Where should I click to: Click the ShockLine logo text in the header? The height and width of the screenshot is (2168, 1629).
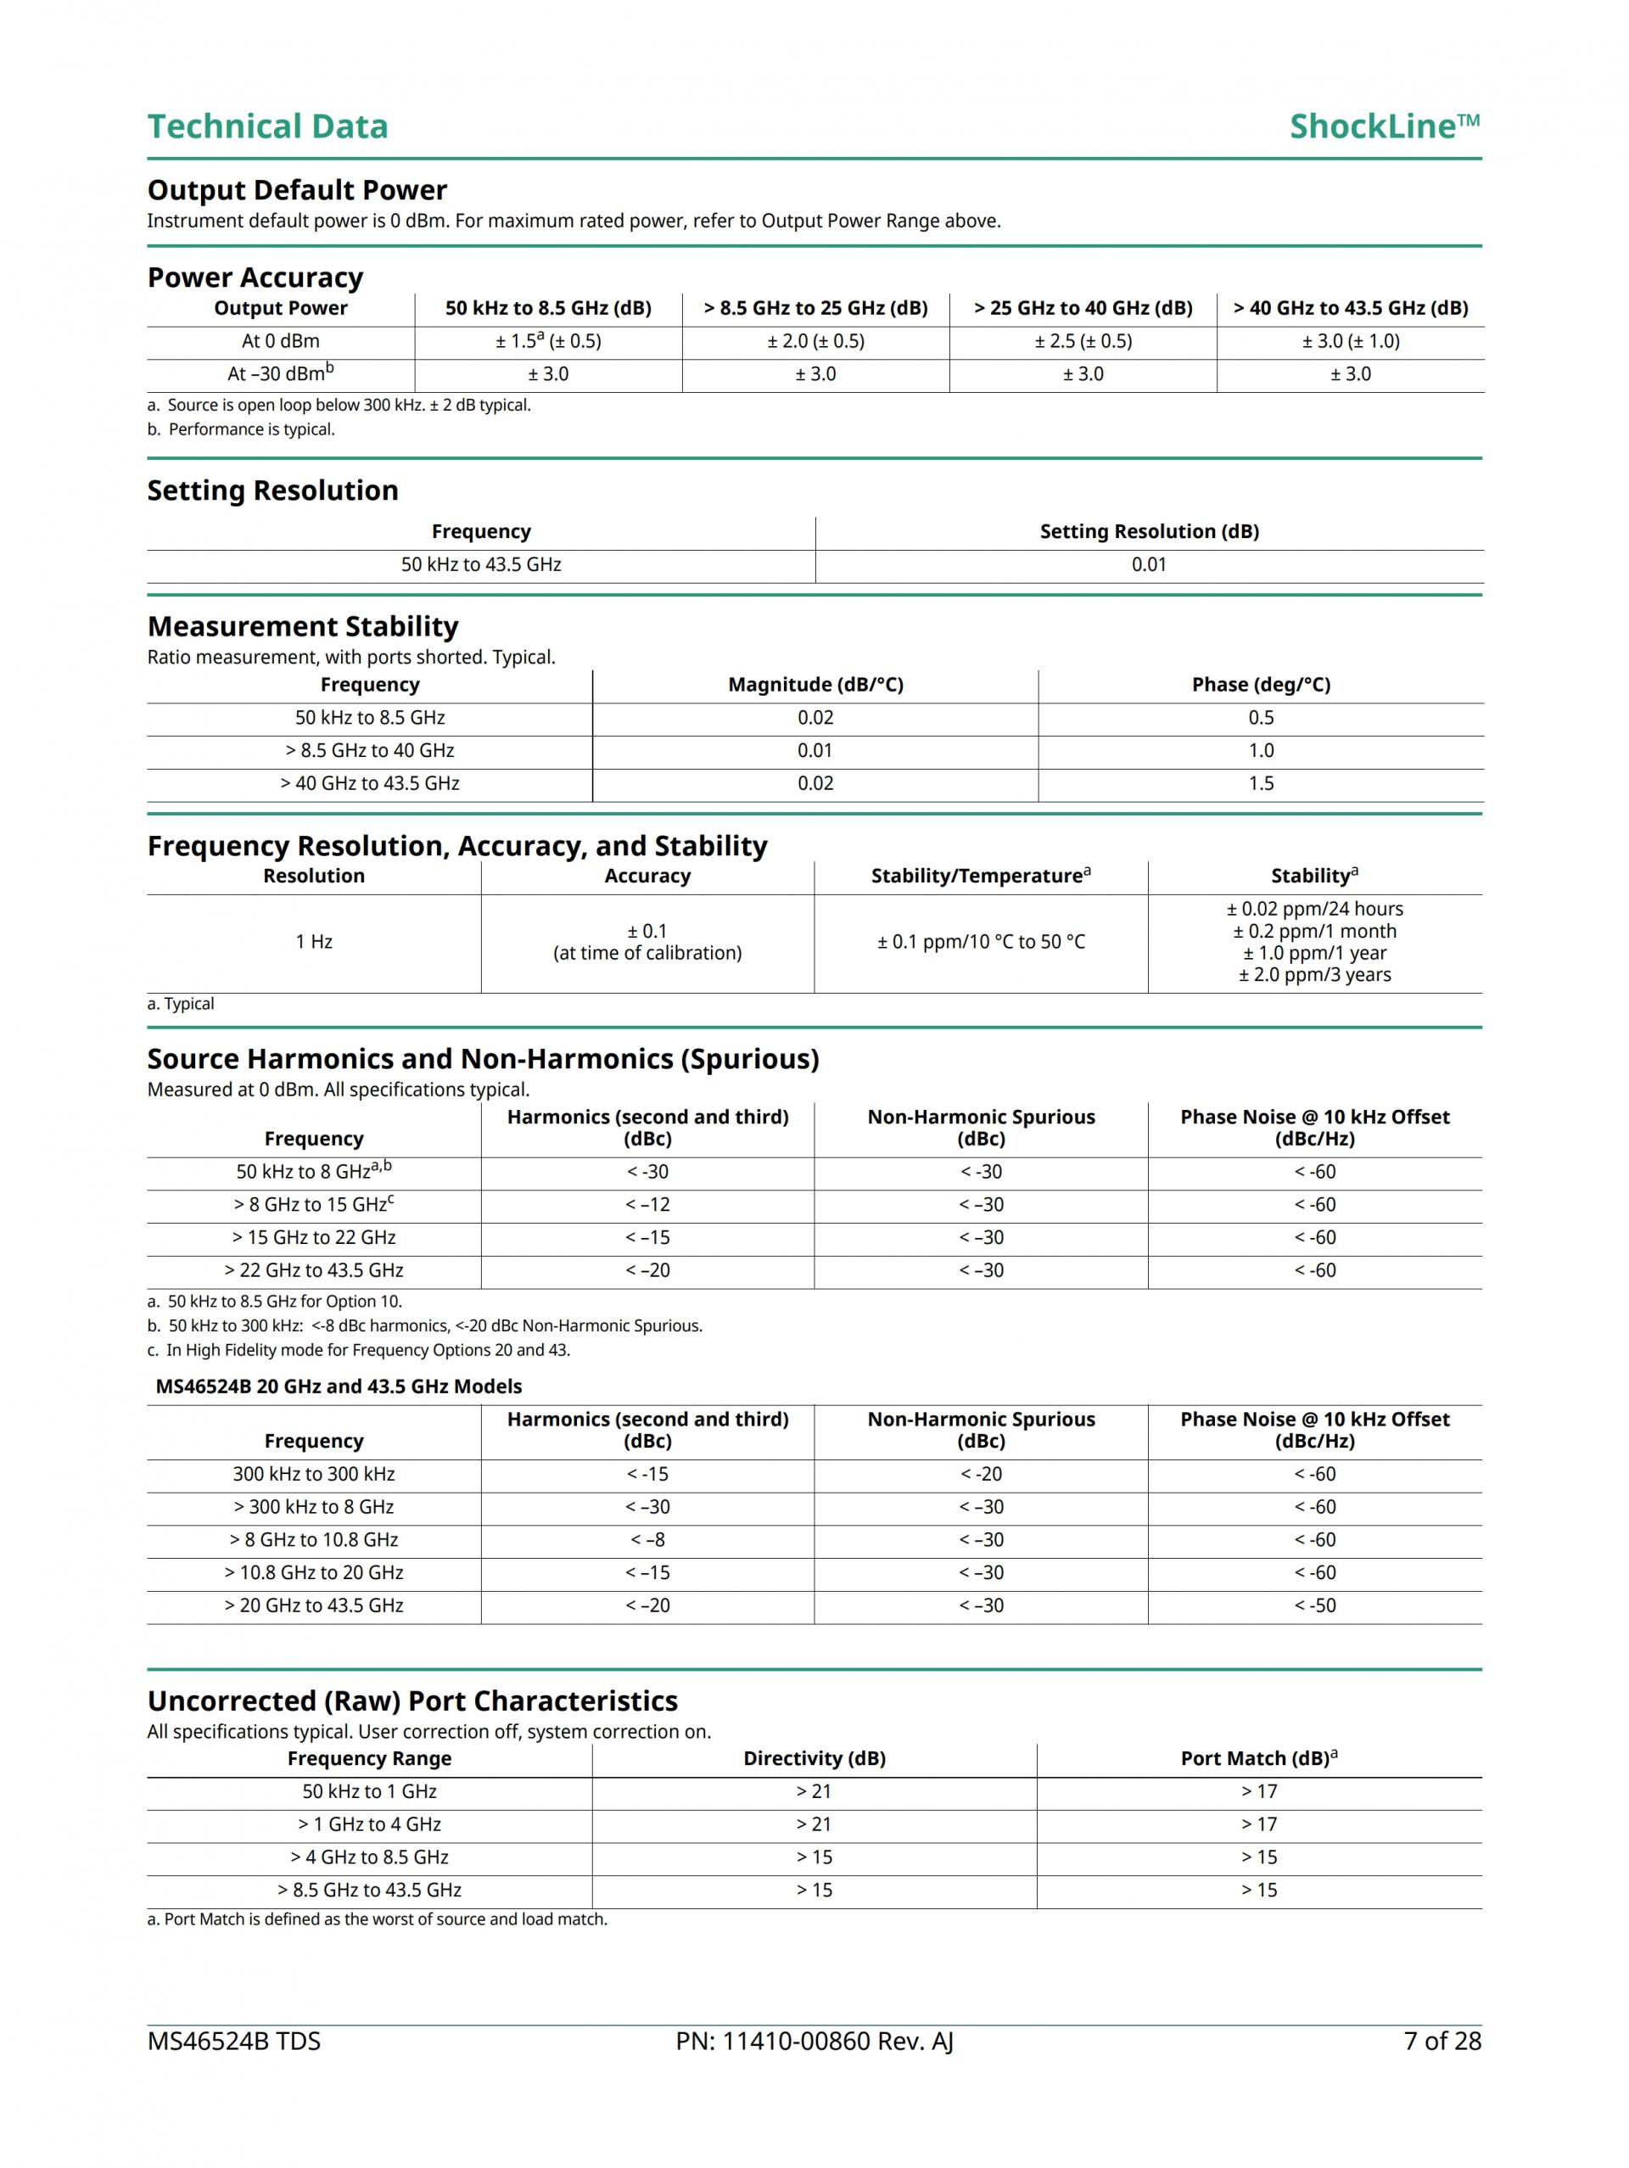(1383, 126)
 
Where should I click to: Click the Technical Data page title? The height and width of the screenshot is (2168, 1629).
(267, 126)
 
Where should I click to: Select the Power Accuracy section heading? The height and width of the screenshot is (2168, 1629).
(255, 277)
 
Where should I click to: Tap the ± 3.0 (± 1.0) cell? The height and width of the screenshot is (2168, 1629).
(1350, 341)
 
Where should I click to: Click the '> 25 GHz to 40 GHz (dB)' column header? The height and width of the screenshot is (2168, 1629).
(1082, 308)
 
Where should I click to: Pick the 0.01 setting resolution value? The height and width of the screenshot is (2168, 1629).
(1149, 564)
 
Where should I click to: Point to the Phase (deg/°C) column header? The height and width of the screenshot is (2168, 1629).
(1261, 684)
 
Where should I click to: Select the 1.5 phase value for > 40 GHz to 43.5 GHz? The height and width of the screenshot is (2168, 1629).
(1261, 783)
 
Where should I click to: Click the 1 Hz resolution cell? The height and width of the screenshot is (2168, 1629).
(314, 942)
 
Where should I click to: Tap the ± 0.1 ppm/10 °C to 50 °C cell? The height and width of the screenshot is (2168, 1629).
(980, 942)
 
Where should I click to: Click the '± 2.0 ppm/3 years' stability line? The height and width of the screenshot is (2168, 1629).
(1314, 974)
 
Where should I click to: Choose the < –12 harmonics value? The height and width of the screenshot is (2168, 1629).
(647, 1205)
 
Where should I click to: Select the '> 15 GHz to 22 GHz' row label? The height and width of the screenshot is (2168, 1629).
(314, 1237)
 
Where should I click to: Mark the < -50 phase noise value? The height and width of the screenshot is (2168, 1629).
(1314, 1605)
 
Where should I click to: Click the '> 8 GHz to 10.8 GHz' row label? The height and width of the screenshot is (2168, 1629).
(314, 1540)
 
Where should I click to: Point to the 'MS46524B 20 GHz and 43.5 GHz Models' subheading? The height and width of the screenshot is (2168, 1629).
(339, 1386)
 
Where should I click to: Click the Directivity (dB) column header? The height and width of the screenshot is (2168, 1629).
(814, 1758)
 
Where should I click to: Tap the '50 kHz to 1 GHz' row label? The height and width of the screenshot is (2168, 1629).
(370, 1791)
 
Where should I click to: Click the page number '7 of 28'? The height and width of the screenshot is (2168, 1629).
(1441, 2041)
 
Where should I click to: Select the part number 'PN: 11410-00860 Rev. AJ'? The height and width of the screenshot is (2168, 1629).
(814, 2041)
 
